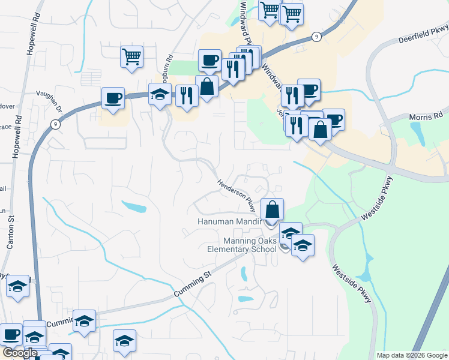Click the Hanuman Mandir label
(231, 222)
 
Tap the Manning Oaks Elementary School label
(241, 245)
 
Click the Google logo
(20, 353)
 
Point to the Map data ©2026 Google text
(411, 355)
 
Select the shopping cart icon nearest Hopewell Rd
(131, 57)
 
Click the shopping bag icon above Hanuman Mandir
(272, 210)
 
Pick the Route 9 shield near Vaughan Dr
(55, 124)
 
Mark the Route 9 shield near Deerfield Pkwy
(316, 37)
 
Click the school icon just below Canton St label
(18, 286)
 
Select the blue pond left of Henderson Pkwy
(134, 207)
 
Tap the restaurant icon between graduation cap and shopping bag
(187, 95)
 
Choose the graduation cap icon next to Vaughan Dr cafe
(160, 95)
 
